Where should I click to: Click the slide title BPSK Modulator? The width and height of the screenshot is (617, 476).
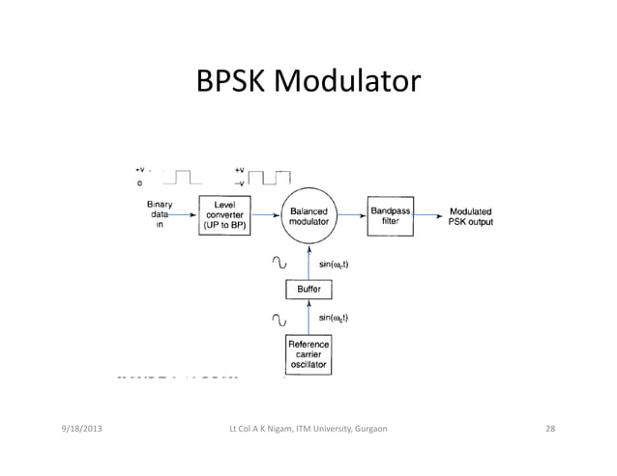(x=308, y=84)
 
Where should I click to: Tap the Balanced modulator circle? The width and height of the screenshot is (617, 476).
(x=308, y=215)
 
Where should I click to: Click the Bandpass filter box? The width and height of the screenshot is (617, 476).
(x=391, y=214)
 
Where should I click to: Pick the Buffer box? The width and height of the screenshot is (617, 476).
(x=309, y=289)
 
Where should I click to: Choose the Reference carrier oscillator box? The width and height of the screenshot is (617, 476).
(x=309, y=354)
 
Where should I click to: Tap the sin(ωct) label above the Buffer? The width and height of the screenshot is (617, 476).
(x=334, y=263)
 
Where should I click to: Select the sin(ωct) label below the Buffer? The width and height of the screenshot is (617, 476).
(x=334, y=318)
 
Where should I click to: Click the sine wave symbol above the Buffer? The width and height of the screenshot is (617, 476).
(x=279, y=262)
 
